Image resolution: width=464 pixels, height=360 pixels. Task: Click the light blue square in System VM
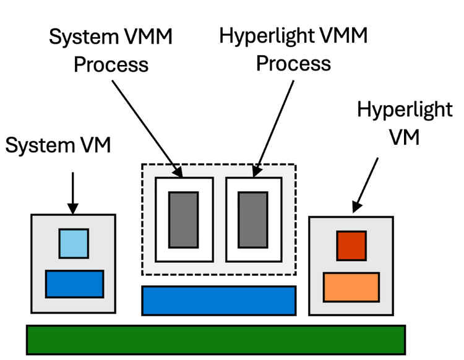74,243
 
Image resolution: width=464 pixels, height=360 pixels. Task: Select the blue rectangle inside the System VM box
74,284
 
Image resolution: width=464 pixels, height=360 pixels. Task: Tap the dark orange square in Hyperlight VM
351,246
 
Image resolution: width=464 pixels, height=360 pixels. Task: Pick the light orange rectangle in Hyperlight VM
351,286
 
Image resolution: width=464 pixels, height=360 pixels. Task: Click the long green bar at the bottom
215,340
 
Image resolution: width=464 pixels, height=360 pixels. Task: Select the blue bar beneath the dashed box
219,301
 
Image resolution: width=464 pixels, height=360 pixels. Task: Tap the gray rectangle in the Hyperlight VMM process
253,220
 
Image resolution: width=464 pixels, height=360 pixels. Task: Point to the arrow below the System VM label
72,192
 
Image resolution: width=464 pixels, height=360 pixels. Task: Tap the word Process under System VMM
111,64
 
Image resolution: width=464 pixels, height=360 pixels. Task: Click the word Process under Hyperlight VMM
293,62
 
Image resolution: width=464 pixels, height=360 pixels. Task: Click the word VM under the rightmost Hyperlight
405,137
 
